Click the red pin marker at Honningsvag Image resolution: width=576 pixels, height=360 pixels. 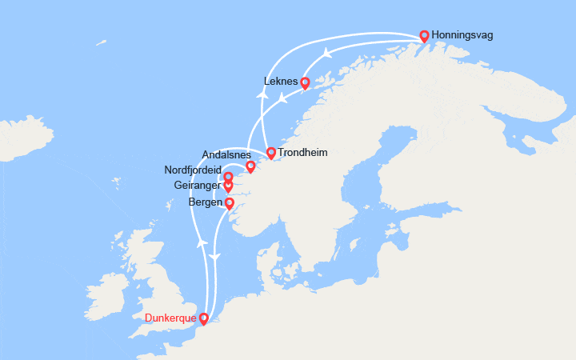(x=424, y=36)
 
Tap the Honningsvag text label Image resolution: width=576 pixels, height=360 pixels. (x=462, y=36)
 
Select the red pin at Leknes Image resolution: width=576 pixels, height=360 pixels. (x=305, y=82)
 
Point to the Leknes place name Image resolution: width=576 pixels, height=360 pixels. (x=280, y=82)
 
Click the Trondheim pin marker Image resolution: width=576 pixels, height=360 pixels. (x=271, y=153)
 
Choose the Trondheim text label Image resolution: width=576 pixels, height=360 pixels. (x=302, y=152)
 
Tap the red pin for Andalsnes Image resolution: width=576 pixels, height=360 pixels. (x=250, y=166)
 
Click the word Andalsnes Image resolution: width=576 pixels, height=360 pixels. (x=227, y=155)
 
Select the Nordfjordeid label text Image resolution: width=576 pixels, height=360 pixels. (x=192, y=170)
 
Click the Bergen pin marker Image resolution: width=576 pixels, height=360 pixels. (x=230, y=203)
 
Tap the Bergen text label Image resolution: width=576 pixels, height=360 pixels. (x=206, y=203)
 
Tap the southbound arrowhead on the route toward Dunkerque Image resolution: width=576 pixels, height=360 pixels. (x=214, y=256)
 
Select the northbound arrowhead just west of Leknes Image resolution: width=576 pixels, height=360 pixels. (x=261, y=92)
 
